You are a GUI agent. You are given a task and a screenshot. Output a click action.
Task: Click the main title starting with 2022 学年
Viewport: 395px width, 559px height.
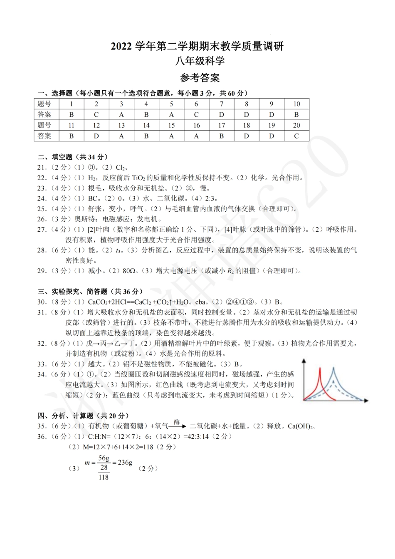pos(197,46)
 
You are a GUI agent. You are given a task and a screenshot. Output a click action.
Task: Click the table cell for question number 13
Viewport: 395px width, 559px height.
pos(121,125)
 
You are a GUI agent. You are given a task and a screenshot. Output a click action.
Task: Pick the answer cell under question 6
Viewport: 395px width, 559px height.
pos(196,114)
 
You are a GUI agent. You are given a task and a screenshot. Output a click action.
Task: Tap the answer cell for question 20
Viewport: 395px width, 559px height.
pos(296,136)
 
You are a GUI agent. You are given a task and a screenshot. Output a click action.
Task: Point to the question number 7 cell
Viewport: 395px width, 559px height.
pos(222,104)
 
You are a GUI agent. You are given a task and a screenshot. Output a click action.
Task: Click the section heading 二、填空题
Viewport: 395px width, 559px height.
pos(73,157)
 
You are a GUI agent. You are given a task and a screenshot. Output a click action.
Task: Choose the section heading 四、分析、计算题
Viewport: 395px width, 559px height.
pos(83,416)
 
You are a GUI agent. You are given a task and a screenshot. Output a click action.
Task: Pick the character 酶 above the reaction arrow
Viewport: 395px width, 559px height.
pos(177,422)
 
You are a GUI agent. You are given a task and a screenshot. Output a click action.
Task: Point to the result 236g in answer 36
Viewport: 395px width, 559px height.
pos(125,462)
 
